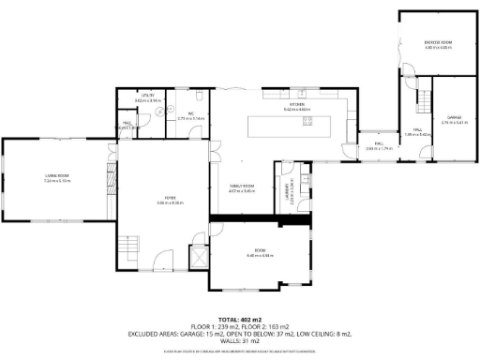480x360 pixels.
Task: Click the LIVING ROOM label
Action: (57, 176)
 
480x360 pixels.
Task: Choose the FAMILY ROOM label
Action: (243, 188)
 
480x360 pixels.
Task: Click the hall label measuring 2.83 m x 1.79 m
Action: (379, 146)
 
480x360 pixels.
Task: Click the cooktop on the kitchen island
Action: (307, 124)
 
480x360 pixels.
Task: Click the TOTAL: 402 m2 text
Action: (239, 320)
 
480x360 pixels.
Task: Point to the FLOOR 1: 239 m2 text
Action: (213, 327)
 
